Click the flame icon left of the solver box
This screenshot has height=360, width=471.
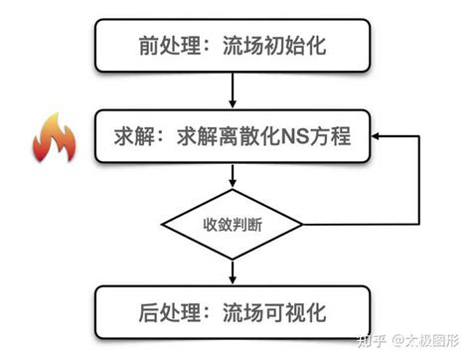point(51,138)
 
